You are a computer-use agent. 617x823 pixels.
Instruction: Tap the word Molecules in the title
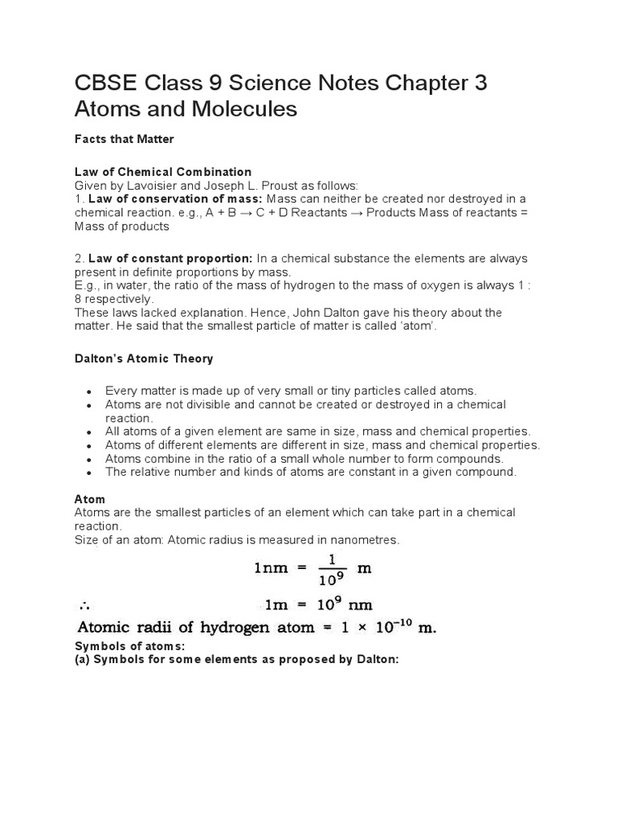click(x=242, y=109)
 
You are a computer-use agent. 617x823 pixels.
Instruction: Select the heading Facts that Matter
click(x=124, y=139)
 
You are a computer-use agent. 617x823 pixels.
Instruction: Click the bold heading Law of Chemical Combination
click(x=162, y=172)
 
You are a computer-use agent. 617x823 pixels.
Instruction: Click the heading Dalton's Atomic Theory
click(x=144, y=358)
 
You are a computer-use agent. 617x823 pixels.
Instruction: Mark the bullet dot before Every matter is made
click(x=89, y=391)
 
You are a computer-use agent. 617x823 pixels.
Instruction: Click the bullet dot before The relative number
click(x=89, y=473)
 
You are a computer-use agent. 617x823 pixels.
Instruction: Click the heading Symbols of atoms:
click(x=130, y=646)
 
